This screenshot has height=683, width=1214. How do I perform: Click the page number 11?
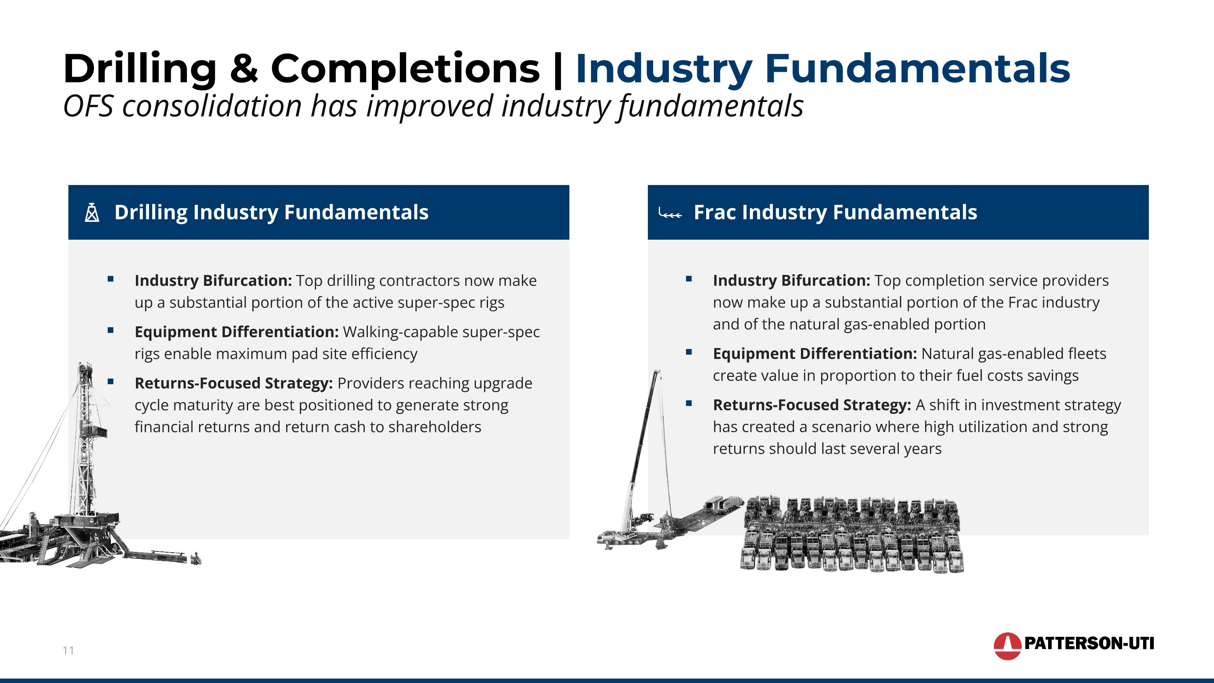tap(68, 651)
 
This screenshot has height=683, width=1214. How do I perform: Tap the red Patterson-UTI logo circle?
tap(1007, 646)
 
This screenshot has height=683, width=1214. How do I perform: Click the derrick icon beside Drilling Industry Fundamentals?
tap(92, 213)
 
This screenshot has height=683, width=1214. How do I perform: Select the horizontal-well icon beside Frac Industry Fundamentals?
tap(670, 213)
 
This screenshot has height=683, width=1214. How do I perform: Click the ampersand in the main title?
tap(244, 69)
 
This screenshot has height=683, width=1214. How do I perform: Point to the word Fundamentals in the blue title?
tap(917, 69)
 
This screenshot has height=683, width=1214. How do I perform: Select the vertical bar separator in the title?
tap(558, 70)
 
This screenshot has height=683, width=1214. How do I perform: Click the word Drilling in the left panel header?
tap(151, 212)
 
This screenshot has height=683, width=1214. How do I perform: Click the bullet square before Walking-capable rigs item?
tap(111, 331)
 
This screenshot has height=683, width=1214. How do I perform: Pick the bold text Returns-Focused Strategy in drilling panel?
tap(234, 383)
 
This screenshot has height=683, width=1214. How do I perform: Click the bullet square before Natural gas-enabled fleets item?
tap(689, 352)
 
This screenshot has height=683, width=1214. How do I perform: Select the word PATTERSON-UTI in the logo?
tap(1089, 643)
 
